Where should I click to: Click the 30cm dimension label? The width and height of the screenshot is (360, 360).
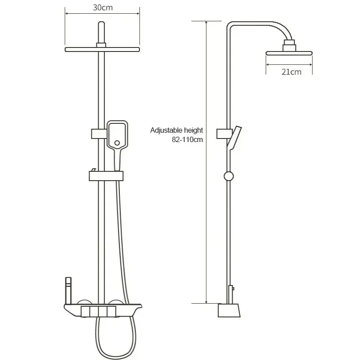coord(102,8)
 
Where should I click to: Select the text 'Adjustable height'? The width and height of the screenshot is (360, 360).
coord(177,130)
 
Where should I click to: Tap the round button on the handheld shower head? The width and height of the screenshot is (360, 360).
coord(117,143)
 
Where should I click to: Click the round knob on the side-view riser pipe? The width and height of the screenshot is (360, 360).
coord(229,176)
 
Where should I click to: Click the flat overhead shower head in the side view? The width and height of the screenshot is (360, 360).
coord(289,53)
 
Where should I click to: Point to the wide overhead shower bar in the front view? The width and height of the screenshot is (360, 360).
coord(103,49)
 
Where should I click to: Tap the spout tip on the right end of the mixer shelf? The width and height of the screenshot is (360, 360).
coord(139,306)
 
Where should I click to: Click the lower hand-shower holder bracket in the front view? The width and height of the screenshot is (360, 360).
coord(106,176)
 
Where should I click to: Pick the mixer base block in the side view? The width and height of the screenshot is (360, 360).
coord(229,310)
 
